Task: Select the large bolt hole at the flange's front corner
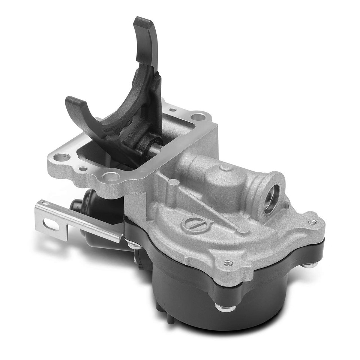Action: tap(111, 176)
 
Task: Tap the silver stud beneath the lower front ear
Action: tap(225, 307)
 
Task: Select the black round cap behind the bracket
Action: tap(77, 204)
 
